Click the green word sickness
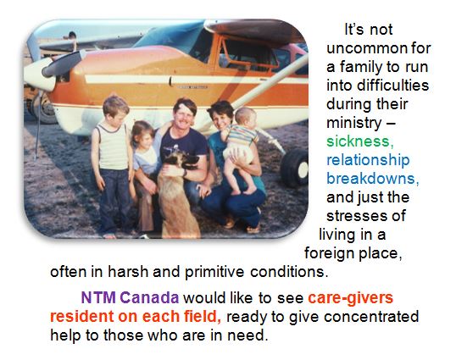[x=360, y=141]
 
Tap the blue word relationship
[x=368, y=161]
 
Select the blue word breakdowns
[x=373, y=179]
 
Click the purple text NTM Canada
[x=130, y=297]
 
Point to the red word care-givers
[x=350, y=298]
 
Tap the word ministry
[x=353, y=123]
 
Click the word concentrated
[x=371, y=316]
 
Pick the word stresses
[x=366, y=216]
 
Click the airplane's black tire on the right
[x=295, y=168]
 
